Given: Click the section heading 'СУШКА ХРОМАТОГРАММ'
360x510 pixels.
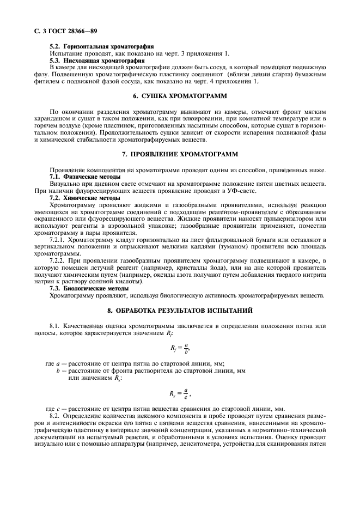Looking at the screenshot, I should click(185, 95).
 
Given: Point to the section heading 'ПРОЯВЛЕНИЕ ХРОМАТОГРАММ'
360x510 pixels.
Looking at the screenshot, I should click(185, 155).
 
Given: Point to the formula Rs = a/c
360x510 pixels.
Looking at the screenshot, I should click(180, 393).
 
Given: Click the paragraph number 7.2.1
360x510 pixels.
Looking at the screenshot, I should click(57, 240).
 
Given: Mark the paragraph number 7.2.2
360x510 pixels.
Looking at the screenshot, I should click(57, 260).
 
